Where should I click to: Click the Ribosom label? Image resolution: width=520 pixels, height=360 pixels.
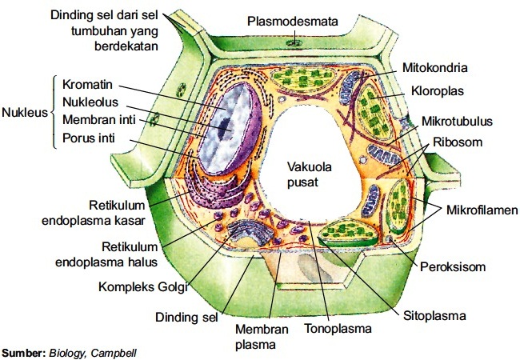[x=458, y=142]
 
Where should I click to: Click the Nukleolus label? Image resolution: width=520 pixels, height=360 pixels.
[x=90, y=102]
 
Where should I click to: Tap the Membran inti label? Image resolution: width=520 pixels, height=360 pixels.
[x=96, y=120]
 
